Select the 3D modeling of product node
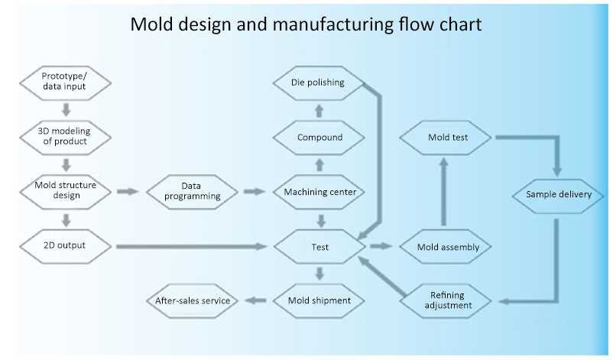64,136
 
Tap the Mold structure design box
64,190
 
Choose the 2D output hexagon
64,245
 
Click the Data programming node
192,191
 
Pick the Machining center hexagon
319,192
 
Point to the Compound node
319,138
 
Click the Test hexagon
319,247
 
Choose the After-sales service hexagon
193,300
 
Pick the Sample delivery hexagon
559,194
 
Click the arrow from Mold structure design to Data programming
128,191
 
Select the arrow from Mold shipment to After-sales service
257,300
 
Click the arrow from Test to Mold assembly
380,246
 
